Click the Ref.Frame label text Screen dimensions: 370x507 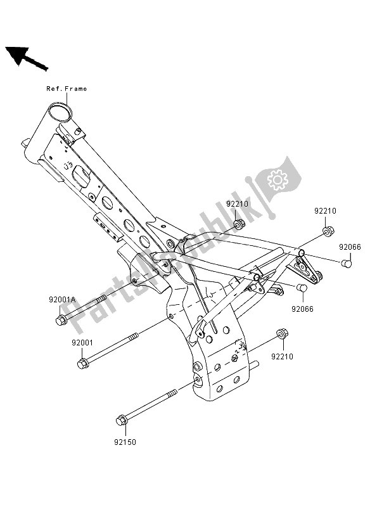(67, 89)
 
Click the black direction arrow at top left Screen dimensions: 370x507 (27, 58)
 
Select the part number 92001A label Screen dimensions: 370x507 (62, 300)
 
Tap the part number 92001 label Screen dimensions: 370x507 (82, 343)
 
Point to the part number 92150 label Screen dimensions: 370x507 (125, 442)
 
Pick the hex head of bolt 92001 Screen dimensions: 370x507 (82, 364)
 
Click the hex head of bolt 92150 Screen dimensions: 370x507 (121, 420)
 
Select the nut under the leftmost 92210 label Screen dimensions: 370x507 (239, 224)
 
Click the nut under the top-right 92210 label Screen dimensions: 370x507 (328, 231)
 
